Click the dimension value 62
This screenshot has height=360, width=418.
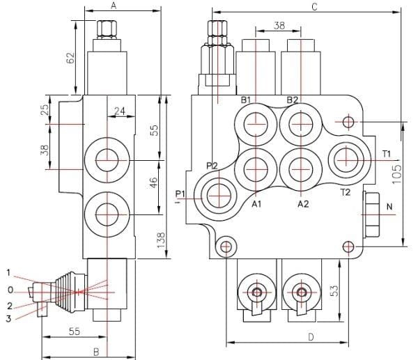click(x=70, y=58)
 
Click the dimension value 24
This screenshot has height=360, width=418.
click(x=120, y=111)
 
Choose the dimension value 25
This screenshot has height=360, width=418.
click(x=45, y=110)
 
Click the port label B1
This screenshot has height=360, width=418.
click(x=246, y=100)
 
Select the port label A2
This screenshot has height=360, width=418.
click(x=303, y=204)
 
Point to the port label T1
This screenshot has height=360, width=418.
click(x=387, y=153)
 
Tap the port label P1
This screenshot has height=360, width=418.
click(x=180, y=193)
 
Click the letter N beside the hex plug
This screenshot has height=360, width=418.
click(x=389, y=207)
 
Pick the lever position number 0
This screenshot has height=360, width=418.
click(x=9, y=288)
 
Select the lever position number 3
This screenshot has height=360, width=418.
click(x=9, y=318)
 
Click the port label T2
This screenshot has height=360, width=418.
click(x=344, y=192)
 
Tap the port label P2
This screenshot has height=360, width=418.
click(x=212, y=164)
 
